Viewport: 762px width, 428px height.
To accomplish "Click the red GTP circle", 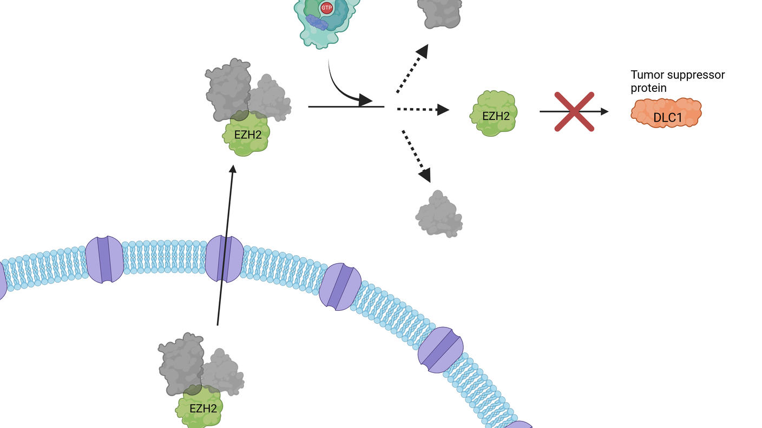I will pos(326,8).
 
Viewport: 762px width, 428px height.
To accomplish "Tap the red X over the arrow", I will pos(574,112).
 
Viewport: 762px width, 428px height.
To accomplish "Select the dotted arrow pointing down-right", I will pos(416,155).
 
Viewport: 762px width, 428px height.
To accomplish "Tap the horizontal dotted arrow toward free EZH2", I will pos(422,110).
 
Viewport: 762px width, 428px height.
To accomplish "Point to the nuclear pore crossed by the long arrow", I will pos(225,258).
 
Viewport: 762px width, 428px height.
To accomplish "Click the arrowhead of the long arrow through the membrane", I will pos(233,169).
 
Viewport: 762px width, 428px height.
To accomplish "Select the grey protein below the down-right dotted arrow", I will pos(439,215).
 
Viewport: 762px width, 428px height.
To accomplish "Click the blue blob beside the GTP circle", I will pos(317,22).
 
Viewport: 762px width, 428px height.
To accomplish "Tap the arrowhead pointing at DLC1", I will pos(604,111).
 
